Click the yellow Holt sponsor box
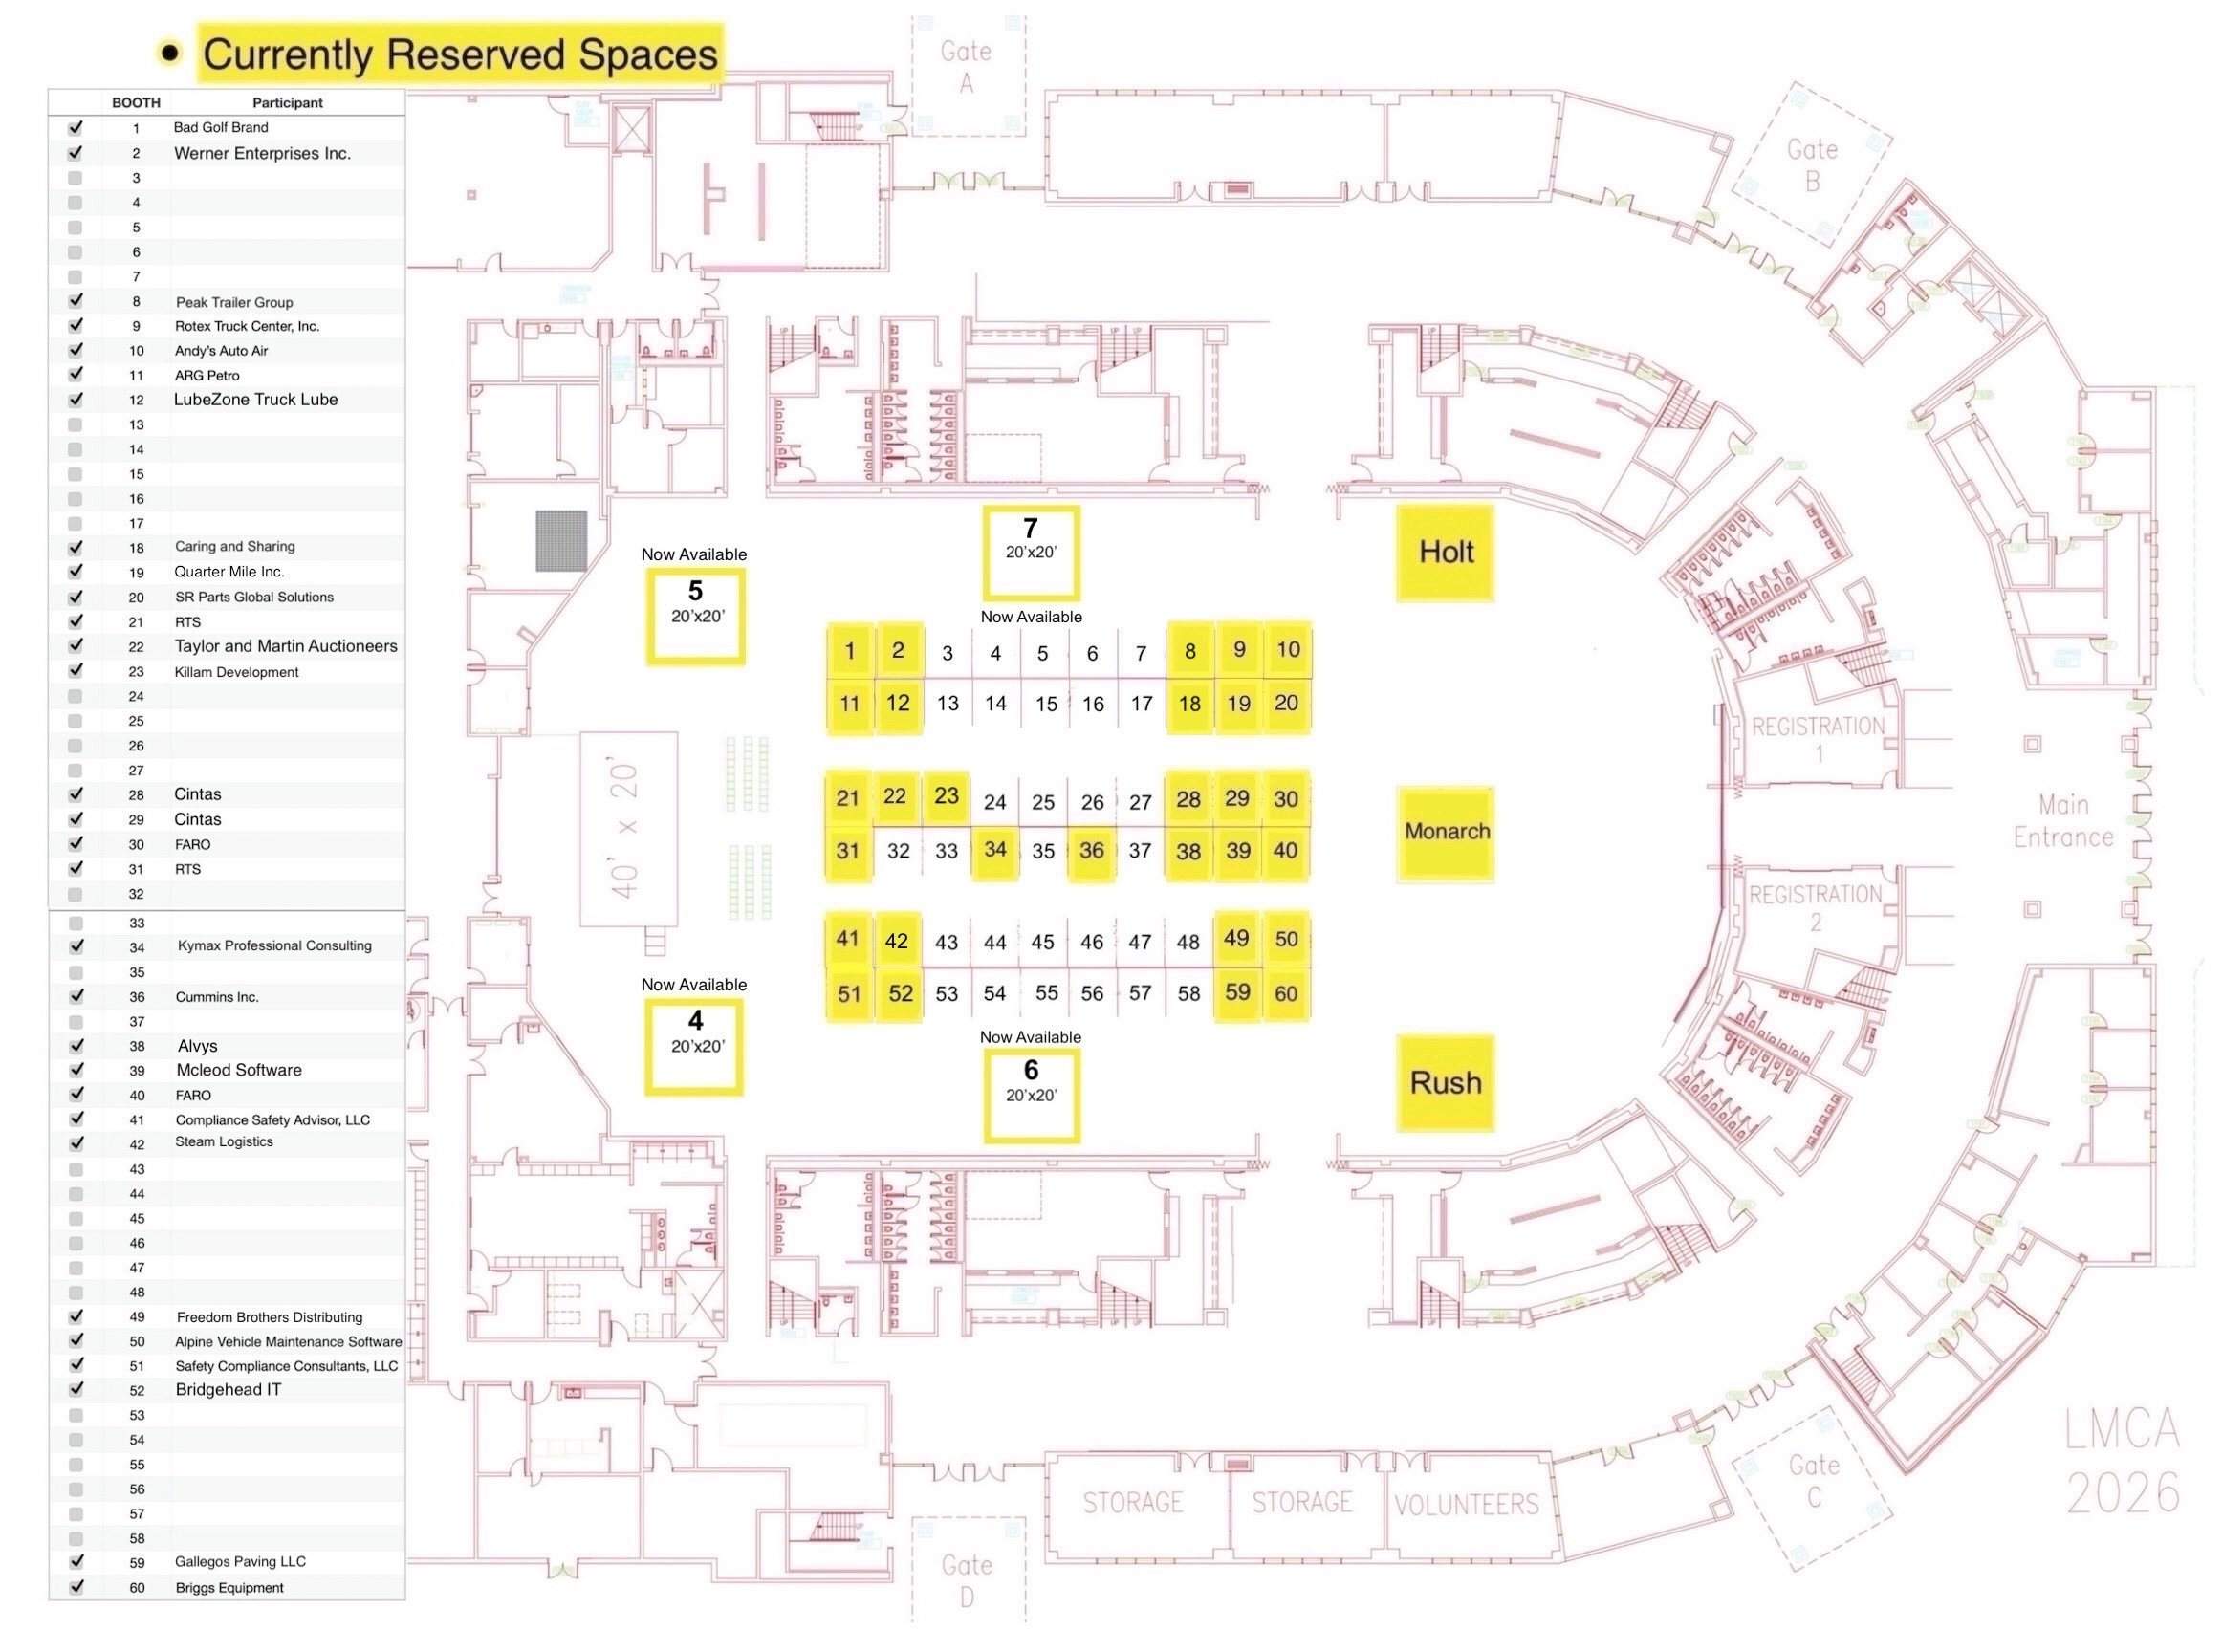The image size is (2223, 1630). click(x=1445, y=553)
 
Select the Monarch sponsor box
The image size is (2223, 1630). click(x=1445, y=833)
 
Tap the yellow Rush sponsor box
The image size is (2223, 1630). click(x=1445, y=1082)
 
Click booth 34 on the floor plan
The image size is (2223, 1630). click(x=994, y=850)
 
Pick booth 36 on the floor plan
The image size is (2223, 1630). click(x=1091, y=851)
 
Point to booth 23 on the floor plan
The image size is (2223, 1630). click(x=947, y=796)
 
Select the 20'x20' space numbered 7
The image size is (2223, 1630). click(x=1030, y=553)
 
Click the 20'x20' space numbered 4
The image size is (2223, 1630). click(x=694, y=1047)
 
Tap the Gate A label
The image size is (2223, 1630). click(x=966, y=66)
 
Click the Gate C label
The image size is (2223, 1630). click(x=1814, y=1480)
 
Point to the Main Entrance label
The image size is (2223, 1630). click(x=2062, y=821)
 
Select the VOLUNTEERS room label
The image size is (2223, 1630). click(x=1465, y=1505)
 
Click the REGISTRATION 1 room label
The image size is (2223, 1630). click(x=1818, y=739)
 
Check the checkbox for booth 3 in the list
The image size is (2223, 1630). click(x=75, y=179)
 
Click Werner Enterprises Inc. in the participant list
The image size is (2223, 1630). click(x=261, y=154)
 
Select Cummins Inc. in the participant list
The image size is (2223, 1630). click(x=217, y=997)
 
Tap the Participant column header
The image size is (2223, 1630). click(x=287, y=102)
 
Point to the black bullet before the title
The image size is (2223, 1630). click(x=171, y=54)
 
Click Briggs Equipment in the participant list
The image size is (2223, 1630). click(x=229, y=1588)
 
